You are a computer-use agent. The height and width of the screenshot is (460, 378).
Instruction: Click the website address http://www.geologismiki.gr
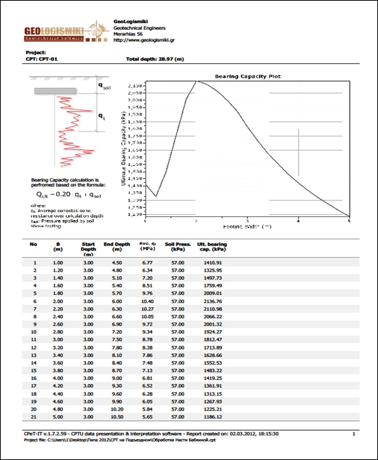click(x=144, y=40)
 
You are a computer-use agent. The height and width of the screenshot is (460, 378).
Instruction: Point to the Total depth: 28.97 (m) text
click(x=155, y=59)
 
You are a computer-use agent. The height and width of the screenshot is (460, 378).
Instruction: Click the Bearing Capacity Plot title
click(x=248, y=77)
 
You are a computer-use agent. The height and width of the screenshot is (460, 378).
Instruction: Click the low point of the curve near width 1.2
click(x=156, y=196)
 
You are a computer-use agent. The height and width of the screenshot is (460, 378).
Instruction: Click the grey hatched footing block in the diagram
click(x=55, y=91)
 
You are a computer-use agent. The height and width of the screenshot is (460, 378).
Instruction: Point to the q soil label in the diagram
click(x=104, y=86)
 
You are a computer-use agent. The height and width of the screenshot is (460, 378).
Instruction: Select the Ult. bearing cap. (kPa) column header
click(x=212, y=247)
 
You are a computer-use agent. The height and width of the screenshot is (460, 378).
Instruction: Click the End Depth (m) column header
click(x=117, y=247)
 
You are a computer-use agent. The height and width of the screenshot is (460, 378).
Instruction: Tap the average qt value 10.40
click(x=148, y=301)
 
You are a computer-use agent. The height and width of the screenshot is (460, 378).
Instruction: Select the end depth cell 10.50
click(x=117, y=417)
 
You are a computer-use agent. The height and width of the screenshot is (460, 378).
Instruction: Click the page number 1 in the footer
click(x=354, y=434)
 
